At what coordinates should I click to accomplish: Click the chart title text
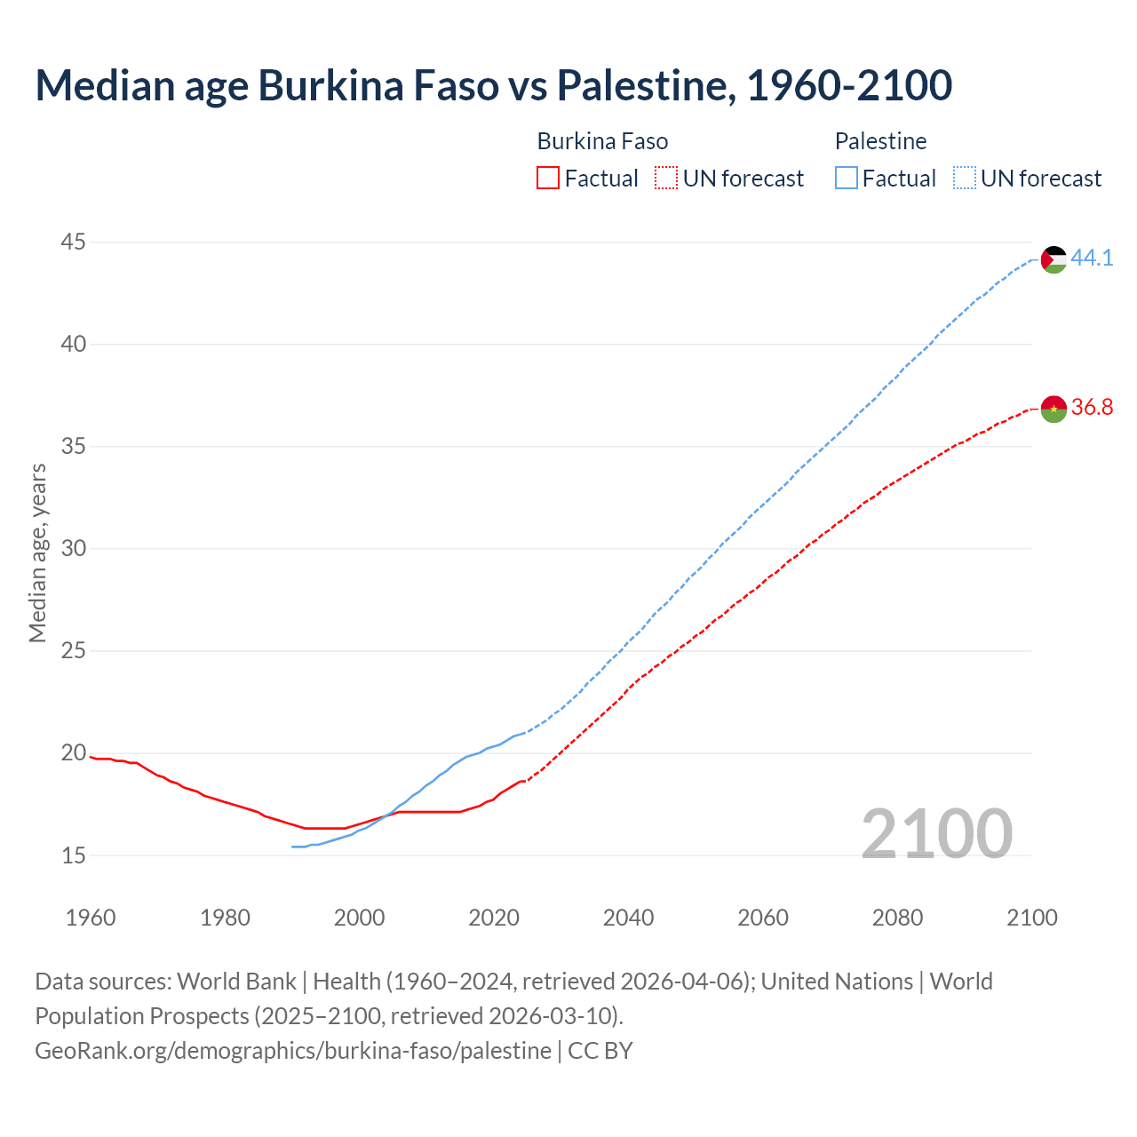click(493, 85)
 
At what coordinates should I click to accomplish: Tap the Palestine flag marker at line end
click(1054, 259)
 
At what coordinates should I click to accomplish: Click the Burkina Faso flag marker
click(1054, 409)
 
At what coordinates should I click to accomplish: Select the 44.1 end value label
click(1092, 258)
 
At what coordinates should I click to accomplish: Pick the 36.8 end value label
click(1092, 408)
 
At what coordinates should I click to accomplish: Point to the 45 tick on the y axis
click(74, 242)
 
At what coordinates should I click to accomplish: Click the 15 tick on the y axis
click(74, 856)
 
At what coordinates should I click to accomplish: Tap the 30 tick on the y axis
click(74, 549)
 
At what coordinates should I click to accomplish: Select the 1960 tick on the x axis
click(91, 918)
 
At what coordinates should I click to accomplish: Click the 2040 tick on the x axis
click(628, 918)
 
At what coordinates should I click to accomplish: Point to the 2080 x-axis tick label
click(897, 918)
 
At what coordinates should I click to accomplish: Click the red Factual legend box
click(548, 179)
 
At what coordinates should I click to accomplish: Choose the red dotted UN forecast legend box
click(666, 179)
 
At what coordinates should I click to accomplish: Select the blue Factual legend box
click(847, 179)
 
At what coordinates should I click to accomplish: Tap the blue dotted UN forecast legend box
click(965, 179)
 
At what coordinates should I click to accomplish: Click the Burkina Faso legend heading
click(602, 141)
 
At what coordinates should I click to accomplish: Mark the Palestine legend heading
click(880, 141)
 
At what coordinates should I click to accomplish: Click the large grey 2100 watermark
click(936, 833)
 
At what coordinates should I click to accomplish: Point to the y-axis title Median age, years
click(37, 553)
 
